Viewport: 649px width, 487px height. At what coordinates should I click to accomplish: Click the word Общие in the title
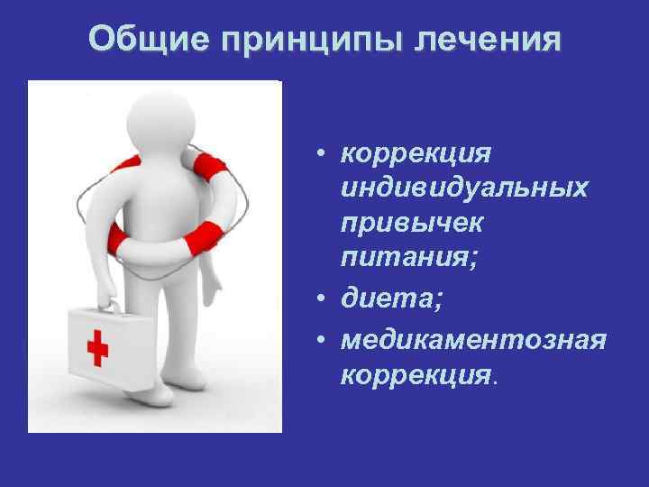(x=145, y=40)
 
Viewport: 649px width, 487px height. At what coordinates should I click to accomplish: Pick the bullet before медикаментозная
(x=321, y=336)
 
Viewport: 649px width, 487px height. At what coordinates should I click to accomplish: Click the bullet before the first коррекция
(x=321, y=154)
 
